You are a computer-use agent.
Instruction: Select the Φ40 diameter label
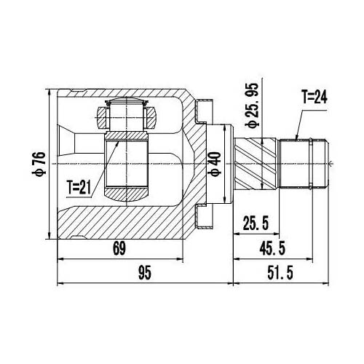coord(214,166)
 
